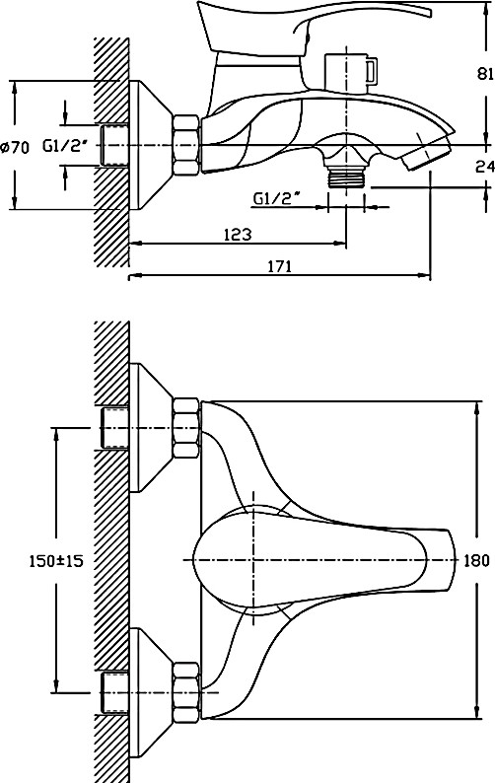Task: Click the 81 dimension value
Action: coord(483,74)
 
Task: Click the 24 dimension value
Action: coord(484,167)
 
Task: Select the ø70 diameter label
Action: coord(15,147)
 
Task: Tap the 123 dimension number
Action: coord(238,234)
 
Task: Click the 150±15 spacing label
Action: coord(56,561)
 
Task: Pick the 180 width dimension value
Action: coord(476,560)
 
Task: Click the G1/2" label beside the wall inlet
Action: coord(64,146)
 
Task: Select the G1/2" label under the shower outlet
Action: coord(276,199)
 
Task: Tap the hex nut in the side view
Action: coord(186,145)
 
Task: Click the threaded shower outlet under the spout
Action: coord(346,177)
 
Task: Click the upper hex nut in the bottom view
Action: coord(186,428)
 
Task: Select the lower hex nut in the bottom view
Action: coord(186,692)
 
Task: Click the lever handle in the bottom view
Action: coord(324,560)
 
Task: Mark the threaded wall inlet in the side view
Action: coord(114,145)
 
